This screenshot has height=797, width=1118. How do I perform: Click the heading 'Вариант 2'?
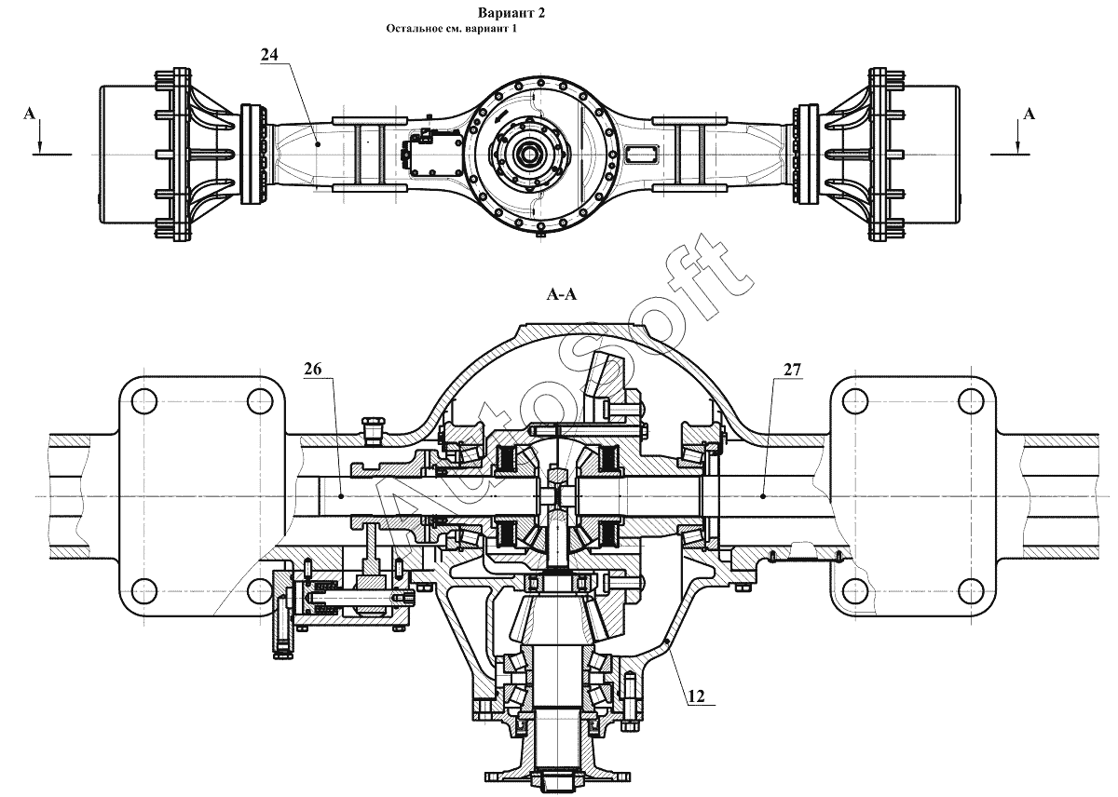(x=511, y=13)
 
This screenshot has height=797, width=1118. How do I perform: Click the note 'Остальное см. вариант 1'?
(x=451, y=29)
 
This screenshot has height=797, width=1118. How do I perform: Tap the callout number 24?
(x=269, y=54)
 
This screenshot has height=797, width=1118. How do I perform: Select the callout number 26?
(x=313, y=369)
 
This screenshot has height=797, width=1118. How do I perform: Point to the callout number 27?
(x=792, y=370)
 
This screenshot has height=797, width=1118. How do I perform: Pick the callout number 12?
(x=696, y=696)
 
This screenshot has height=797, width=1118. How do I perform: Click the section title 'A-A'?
(x=562, y=295)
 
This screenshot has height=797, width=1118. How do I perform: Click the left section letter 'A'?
(x=30, y=115)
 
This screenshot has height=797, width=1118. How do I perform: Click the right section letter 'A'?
(x=1029, y=115)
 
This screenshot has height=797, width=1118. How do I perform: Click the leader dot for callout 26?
(x=341, y=496)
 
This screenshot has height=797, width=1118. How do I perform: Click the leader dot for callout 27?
(x=764, y=496)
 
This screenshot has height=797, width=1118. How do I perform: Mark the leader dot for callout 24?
(x=318, y=143)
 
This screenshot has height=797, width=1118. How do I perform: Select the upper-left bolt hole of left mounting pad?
(x=144, y=401)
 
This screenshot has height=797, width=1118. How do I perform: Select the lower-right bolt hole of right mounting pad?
(x=971, y=590)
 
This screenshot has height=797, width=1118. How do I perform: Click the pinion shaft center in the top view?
(x=528, y=155)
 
